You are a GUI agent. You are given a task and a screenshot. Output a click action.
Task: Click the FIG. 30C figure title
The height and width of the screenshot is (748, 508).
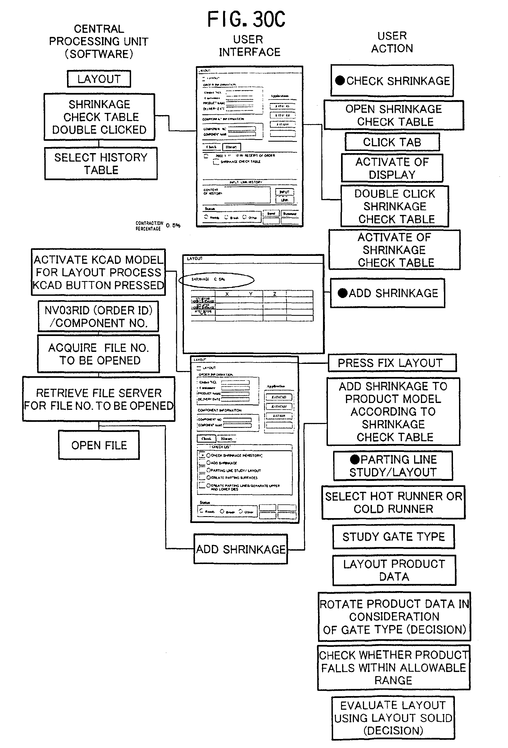[x=246, y=19]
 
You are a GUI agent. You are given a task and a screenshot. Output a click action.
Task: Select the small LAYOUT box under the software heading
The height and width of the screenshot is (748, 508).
[x=99, y=79]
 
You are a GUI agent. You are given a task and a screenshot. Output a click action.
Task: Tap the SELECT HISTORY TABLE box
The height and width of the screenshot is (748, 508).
[x=101, y=163]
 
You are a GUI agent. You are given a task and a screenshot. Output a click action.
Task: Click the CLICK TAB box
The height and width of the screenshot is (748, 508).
[x=392, y=142]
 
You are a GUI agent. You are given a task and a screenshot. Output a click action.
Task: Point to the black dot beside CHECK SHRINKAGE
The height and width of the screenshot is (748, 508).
[x=340, y=80]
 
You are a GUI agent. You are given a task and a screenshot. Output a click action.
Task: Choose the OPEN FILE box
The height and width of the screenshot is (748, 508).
[x=99, y=445]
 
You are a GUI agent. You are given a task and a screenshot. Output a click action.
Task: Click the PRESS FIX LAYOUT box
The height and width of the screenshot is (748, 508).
[x=392, y=363]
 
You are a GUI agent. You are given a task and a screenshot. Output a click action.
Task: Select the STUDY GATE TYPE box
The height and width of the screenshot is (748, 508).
[x=393, y=537]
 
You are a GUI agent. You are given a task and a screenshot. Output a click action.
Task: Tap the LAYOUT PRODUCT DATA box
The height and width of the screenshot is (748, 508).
[x=394, y=570]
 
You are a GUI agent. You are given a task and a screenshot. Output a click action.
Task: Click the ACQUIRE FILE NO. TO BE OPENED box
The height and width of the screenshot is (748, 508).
[x=99, y=354]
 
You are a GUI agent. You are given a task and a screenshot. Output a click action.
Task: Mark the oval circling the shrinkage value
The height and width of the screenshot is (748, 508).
[x=217, y=280]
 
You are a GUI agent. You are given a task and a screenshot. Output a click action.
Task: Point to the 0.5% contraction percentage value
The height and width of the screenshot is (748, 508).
[x=173, y=225]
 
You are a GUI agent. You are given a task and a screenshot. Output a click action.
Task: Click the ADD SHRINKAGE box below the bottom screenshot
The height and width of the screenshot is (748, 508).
[x=241, y=549]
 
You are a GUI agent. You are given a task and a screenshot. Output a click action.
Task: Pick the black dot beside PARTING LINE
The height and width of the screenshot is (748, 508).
[x=355, y=459]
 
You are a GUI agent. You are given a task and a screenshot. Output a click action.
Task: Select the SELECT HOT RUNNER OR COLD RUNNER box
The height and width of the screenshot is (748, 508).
[x=393, y=502]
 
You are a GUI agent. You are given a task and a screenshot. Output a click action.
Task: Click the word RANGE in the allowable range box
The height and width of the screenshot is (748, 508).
[x=393, y=680]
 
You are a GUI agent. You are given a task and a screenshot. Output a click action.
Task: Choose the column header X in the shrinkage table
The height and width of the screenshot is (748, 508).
[x=227, y=294]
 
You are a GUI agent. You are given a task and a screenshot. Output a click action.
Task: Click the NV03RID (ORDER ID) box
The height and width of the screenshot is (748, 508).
[x=98, y=316]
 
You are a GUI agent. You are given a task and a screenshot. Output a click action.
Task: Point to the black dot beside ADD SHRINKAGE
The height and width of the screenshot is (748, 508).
[x=342, y=293]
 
